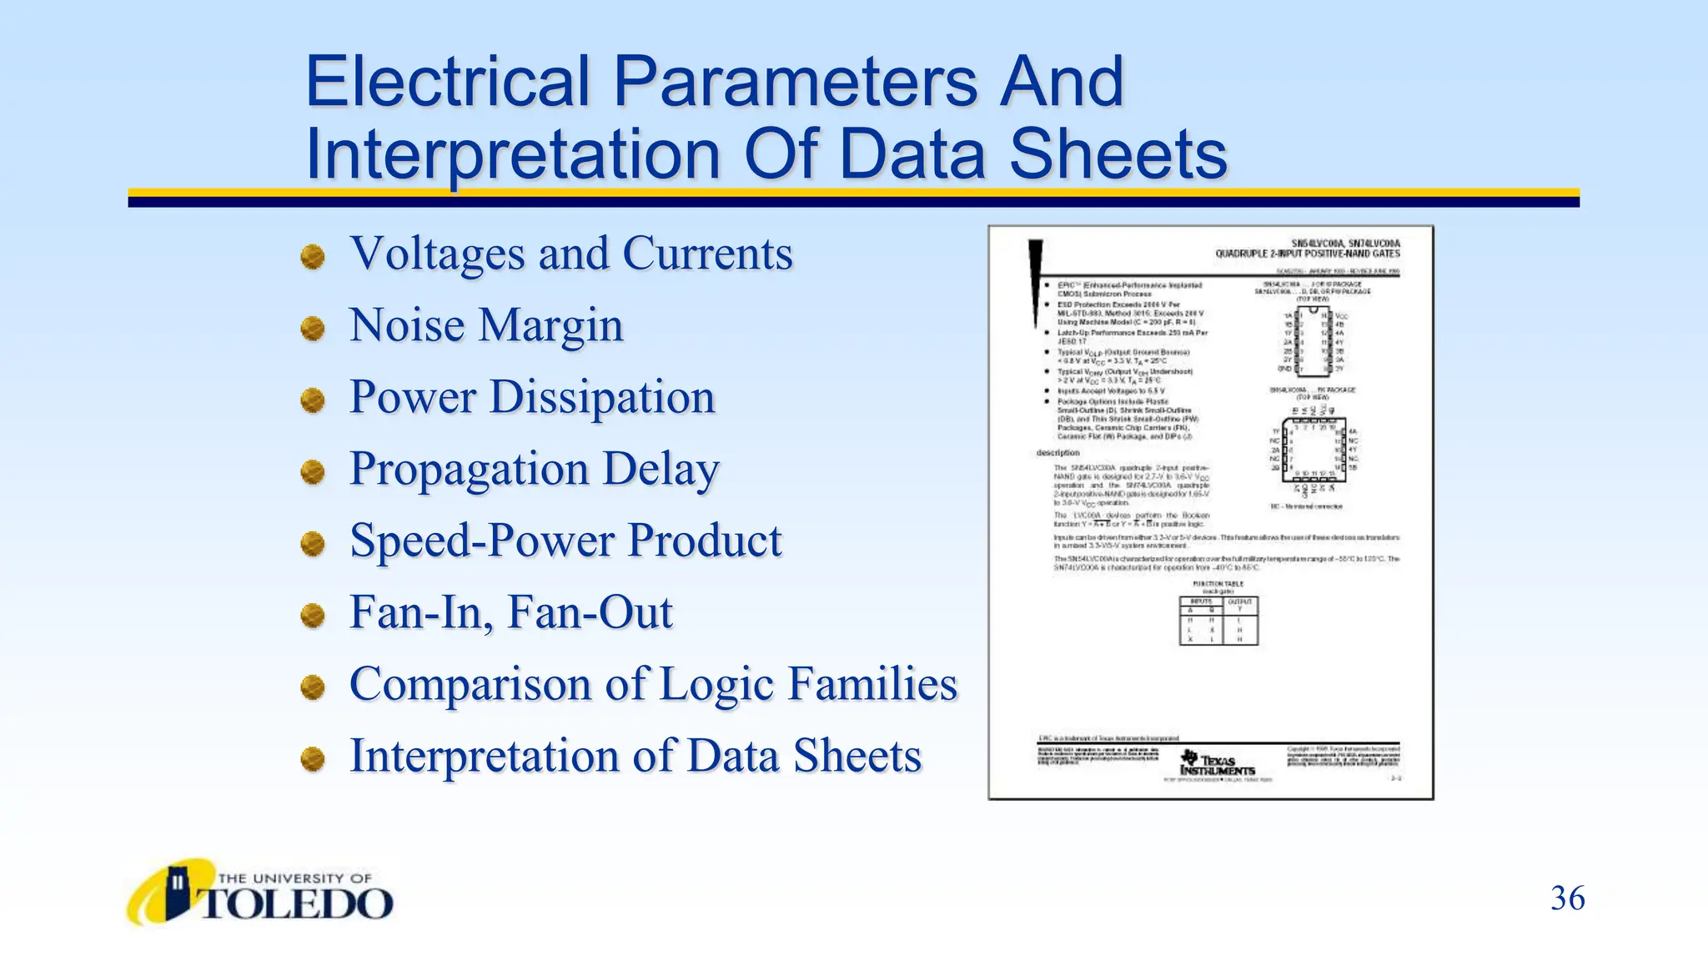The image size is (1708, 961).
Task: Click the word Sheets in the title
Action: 1118,155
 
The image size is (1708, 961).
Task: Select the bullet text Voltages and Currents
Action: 570,254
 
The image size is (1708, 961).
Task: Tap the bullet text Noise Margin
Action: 486,325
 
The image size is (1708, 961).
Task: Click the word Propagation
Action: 469,469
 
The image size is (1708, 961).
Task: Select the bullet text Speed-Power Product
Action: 565,541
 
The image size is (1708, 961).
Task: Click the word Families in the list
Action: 872,684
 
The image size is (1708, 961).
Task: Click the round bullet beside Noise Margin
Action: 313,328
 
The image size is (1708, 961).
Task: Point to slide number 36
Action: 1567,898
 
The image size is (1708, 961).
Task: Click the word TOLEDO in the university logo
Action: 296,904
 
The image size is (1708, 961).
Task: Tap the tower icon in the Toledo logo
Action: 177,892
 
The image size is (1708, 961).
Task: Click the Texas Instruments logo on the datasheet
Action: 1217,762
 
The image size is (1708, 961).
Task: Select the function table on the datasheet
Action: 1218,620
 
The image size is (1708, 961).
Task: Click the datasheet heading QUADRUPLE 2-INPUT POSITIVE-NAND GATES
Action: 1307,254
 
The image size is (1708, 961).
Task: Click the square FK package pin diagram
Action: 1313,450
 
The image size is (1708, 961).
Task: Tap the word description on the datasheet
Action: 1057,453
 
